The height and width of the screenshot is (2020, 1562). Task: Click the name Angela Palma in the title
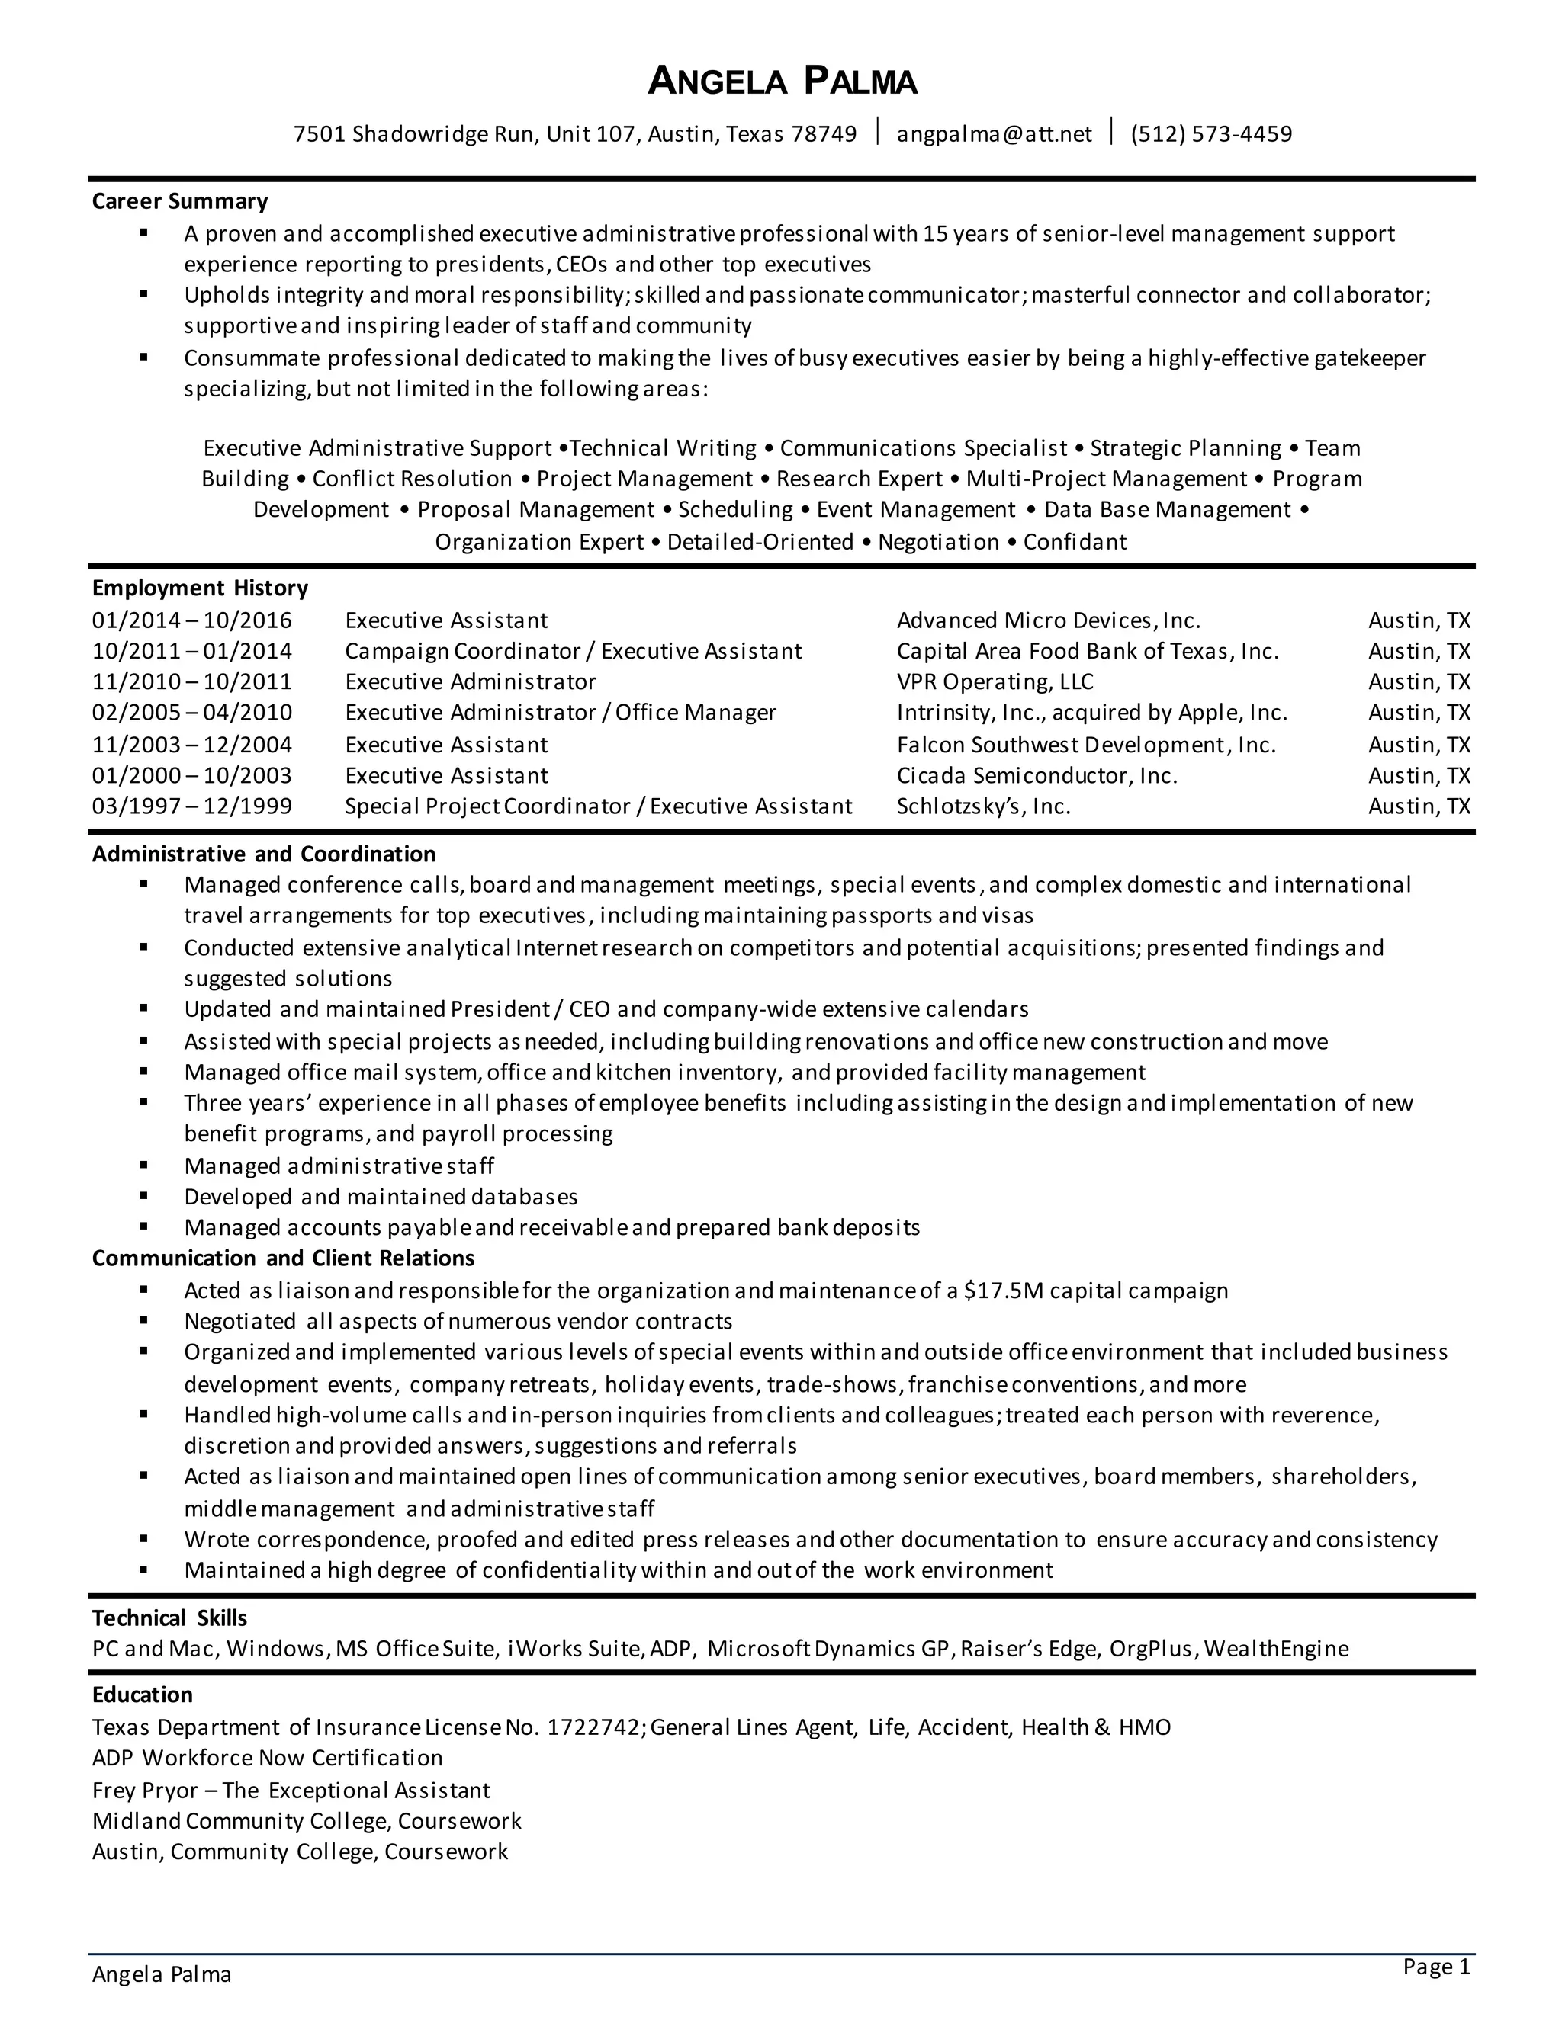(x=782, y=82)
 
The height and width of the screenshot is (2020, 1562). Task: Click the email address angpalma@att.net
(x=994, y=134)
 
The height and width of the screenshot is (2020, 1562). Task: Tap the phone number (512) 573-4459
(x=1210, y=134)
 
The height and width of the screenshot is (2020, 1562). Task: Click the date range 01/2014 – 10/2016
(x=191, y=620)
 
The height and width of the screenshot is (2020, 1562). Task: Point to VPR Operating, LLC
(x=994, y=681)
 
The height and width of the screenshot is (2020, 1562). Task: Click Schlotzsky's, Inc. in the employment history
(x=982, y=806)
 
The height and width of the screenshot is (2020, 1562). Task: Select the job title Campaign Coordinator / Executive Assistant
(x=573, y=651)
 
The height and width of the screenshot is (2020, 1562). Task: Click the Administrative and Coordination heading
(x=263, y=854)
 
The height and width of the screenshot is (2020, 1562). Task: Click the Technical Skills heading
(x=169, y=1618)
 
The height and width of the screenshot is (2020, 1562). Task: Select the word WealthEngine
(x=1277, y=1648)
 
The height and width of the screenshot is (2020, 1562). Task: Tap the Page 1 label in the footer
(x=1435, y=1967)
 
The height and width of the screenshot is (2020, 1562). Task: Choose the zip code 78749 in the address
(x=824, y=134)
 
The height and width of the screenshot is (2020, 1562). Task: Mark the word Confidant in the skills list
(x=1075, y=541)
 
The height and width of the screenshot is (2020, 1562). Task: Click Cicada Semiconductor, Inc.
(x=1037, y=775)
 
